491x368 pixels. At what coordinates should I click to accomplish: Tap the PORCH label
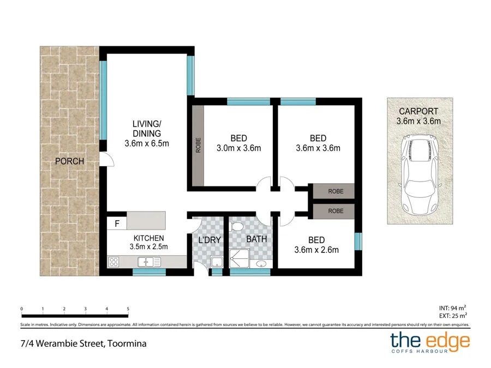pyautogui.click(x=69, y=161)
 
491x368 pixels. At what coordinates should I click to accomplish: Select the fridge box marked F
pyautogui.click(x=117, y=223)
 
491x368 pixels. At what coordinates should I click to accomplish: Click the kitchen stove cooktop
pyautogui.click(x=114, y=262)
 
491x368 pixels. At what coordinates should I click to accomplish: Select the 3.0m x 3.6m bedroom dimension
pyautogui.click(x=238, y=148)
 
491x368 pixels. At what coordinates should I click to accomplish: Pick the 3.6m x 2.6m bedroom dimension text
pyautogui.click(x=316, y=250)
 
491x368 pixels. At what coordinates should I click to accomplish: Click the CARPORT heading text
pyautogui.click(x=418, y=111)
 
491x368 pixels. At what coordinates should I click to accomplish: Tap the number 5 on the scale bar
pyautogui.click(x=128, y=309)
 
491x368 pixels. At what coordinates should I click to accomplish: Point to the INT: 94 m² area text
pyautogui.click(x=453, y=308)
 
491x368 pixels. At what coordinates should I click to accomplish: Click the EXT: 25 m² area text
pyautogui.click(x=453, y=316)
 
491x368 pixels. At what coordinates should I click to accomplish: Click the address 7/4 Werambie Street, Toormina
pyautogui.click(x=80, y=343)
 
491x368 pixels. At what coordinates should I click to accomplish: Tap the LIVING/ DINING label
pyautogui.click(x=147, y=129)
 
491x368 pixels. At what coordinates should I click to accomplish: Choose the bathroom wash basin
pyautogui.click(x=261, y=264)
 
